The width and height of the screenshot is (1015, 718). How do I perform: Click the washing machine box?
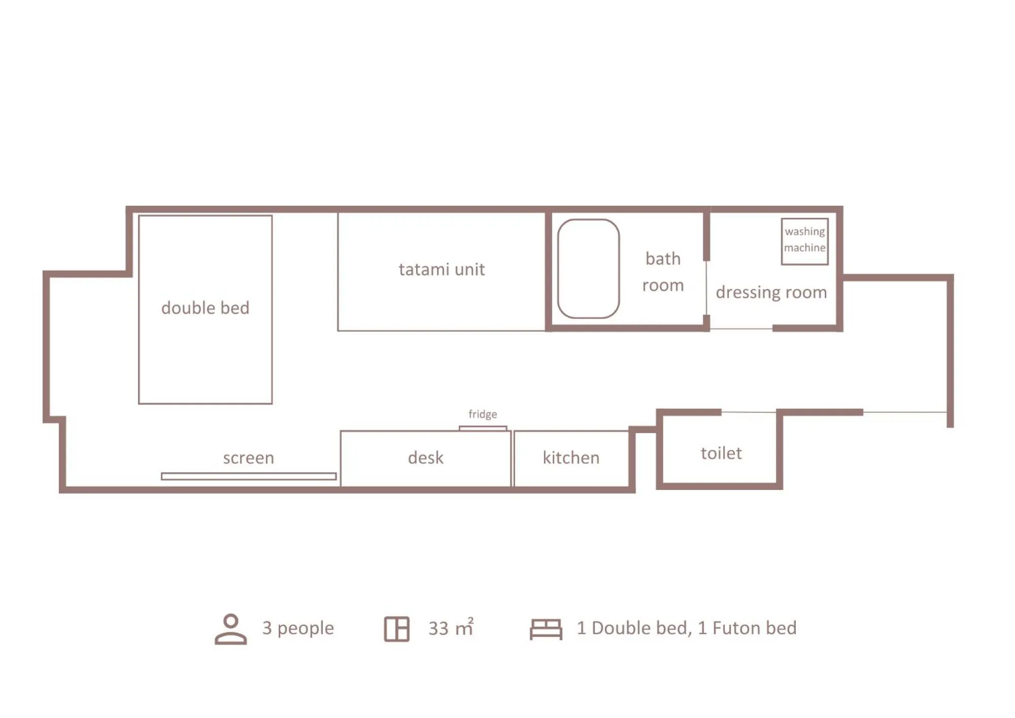point(804,241)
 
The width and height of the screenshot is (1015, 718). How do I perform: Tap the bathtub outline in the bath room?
point(588,269)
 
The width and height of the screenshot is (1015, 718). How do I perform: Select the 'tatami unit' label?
point(441,269)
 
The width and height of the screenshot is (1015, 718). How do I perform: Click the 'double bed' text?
point(205,308)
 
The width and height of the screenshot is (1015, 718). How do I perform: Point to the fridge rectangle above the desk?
point(482,428)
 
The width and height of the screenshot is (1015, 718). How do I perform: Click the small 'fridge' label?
point(482,414)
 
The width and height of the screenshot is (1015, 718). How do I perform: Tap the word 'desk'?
point(425,458)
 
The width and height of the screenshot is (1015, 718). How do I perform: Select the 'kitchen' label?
point(571,458)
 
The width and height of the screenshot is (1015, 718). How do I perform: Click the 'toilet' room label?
point(721,453)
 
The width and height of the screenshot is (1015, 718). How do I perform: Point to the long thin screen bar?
point(248,476)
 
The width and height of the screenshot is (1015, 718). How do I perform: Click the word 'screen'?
point(248,458)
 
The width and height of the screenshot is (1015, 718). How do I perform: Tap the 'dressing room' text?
point(771,292)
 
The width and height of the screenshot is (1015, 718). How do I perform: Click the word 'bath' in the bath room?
point(663,258)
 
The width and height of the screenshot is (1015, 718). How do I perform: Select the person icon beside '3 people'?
point(231,629)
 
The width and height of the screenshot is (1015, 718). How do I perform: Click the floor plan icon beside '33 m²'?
point(397,629)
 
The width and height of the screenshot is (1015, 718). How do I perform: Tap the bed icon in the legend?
point(546,629)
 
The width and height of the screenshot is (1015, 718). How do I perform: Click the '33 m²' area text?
point(450,628)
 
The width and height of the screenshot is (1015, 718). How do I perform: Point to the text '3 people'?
point(298,628)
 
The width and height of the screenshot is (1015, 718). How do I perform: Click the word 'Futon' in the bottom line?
point(734,628)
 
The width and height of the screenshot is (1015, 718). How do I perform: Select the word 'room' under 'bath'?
point(663,285)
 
